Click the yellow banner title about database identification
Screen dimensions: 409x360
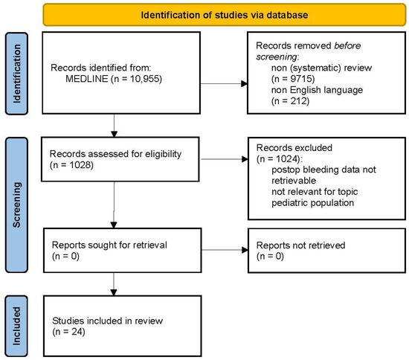(225, 15)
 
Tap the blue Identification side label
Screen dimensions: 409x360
(16, 74)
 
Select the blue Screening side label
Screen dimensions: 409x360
(16, 205)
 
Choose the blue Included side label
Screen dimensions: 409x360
(16, 326)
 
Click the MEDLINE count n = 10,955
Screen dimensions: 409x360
(136, 79)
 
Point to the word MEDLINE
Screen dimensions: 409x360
(86, 79)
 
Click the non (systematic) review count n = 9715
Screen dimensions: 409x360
(293, 79)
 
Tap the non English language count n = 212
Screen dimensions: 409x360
(290, 101)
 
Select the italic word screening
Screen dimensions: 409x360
(276, 57)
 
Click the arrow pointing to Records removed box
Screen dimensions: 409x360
(224, 84)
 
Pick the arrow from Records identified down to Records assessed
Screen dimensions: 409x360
(114, 126)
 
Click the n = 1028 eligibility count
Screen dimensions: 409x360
(71, 165)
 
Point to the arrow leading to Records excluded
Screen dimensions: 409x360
(225, 159)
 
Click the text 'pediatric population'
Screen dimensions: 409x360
(313, 203)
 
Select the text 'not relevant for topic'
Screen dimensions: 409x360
(315, 192)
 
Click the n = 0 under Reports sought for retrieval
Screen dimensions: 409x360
(65, 257)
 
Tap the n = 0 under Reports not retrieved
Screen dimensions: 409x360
(270, 257)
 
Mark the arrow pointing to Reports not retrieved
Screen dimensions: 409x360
(225, 250)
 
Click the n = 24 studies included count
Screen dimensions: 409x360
(68, 332)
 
